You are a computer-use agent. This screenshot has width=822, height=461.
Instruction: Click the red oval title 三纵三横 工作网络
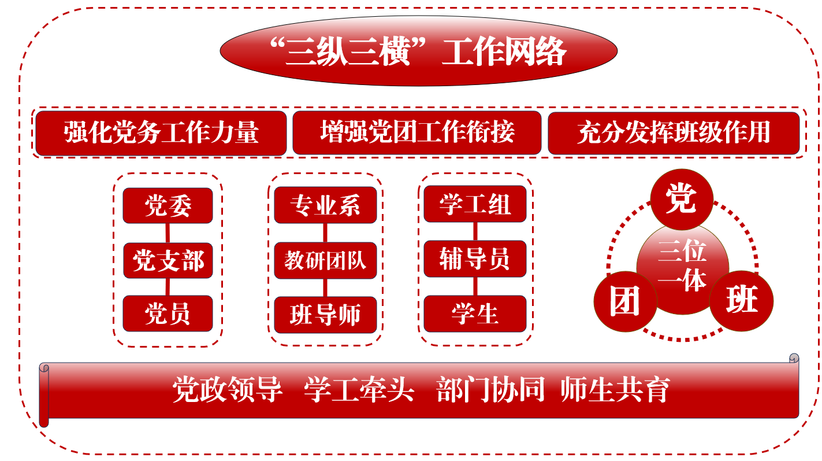tap(418, 51)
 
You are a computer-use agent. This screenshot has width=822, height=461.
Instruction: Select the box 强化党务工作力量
tap(161, 133)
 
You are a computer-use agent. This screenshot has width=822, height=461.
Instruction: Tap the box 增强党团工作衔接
tap(417, 132)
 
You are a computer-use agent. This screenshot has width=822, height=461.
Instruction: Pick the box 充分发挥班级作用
tap(674, 133)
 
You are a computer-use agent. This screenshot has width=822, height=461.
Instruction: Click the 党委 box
tap(168, 206)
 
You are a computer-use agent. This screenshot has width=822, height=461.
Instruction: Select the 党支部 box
tap(168, 260)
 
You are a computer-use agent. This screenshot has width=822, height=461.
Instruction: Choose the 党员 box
tap(168, 314)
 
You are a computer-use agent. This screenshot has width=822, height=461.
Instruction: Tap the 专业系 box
tap(325, 205)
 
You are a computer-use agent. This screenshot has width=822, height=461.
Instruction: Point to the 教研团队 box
tap(325, 260)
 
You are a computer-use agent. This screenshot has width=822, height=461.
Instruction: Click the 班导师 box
tap(325, 315)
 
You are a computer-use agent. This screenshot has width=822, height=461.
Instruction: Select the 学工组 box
tap(475, 204)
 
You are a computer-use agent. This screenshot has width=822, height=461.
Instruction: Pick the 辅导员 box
tap(475, 259)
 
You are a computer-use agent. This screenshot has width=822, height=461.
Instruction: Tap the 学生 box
tap(475, 314)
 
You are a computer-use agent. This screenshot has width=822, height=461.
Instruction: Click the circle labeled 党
tap(682, 200)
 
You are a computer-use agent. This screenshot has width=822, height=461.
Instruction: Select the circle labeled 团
tap(625, 301)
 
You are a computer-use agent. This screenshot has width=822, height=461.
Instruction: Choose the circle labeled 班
tap(742, 301)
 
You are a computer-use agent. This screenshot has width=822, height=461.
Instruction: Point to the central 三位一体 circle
tap(683, 268)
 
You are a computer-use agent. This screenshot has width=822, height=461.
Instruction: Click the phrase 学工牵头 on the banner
tap(359, 389)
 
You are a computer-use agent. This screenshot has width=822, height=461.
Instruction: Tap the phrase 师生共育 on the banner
tap(615, 389)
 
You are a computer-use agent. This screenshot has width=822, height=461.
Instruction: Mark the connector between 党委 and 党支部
tap(168, 233)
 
